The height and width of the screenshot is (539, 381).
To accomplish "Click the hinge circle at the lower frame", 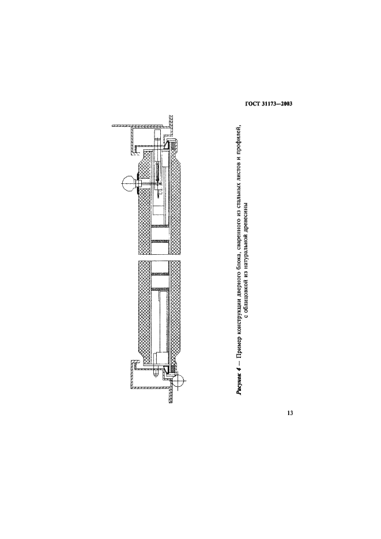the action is click(178, 380).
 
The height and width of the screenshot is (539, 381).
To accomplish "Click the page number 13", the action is click(290, 413).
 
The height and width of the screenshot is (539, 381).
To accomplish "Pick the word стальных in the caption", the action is click(239, 200).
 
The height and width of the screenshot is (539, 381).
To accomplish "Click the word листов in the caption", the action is click(239, 178).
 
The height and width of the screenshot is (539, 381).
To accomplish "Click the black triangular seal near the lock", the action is click(166, 145).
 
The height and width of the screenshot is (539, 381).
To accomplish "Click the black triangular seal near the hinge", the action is click(166, 369).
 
